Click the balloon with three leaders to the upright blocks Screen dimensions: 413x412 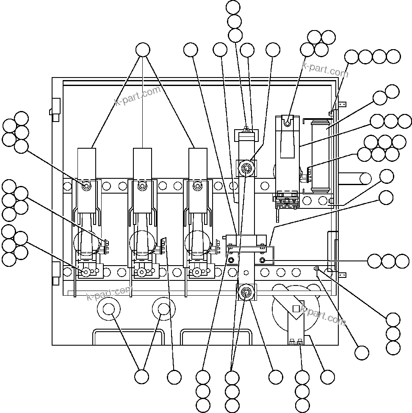[x=143, y=50]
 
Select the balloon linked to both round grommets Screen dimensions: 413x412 [x=142, y=377]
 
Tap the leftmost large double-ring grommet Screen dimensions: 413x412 [x=109, y=310]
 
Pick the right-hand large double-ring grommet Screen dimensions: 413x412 [x=164, y=310]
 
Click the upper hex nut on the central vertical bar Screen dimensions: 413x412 [x=246, y=169]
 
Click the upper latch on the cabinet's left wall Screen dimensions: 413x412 [x=55, y=109]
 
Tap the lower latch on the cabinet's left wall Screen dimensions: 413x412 [x=55, y=273]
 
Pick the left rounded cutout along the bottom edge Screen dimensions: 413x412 [x=128, y=338]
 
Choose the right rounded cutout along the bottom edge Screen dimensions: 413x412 [x=216, y=338]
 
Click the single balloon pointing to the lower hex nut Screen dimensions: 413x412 [x=276, y=377]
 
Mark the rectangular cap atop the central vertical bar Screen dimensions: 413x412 [x=246, y=135]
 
